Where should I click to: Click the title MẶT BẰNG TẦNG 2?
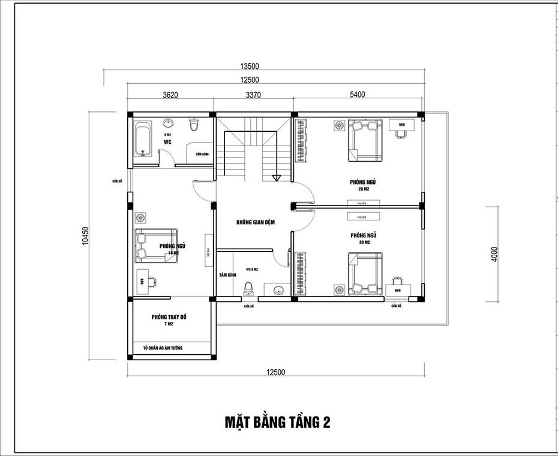point(277,422)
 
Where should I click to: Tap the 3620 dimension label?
point(171,94)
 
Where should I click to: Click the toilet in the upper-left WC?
point(194,126)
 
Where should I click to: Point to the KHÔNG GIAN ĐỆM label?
point(255,222)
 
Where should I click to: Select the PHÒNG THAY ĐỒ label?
point(169,316)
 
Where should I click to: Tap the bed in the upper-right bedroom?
point(364,140)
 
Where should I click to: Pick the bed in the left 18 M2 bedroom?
point(155,246)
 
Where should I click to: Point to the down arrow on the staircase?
point(276,177)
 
